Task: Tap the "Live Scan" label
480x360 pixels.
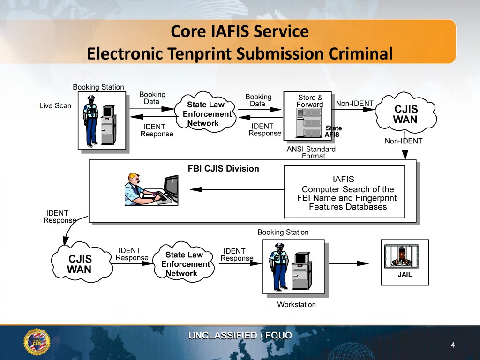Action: (55, 105)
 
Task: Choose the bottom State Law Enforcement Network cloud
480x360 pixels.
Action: (184, 264)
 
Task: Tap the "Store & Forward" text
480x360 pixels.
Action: (310, 101)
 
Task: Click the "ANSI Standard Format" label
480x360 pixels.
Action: (311, 152)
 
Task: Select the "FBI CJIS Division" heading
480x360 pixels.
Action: (223, 169)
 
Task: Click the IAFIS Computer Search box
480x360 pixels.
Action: (344, 192)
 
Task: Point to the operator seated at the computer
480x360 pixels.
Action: (140, 190)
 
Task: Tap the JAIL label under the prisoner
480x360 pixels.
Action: (405, 275)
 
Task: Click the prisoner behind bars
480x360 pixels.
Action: (404, 256)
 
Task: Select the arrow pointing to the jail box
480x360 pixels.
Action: (356, 263)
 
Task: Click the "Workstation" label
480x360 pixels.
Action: (296, 305)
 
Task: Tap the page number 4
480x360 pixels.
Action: (452, 345)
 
